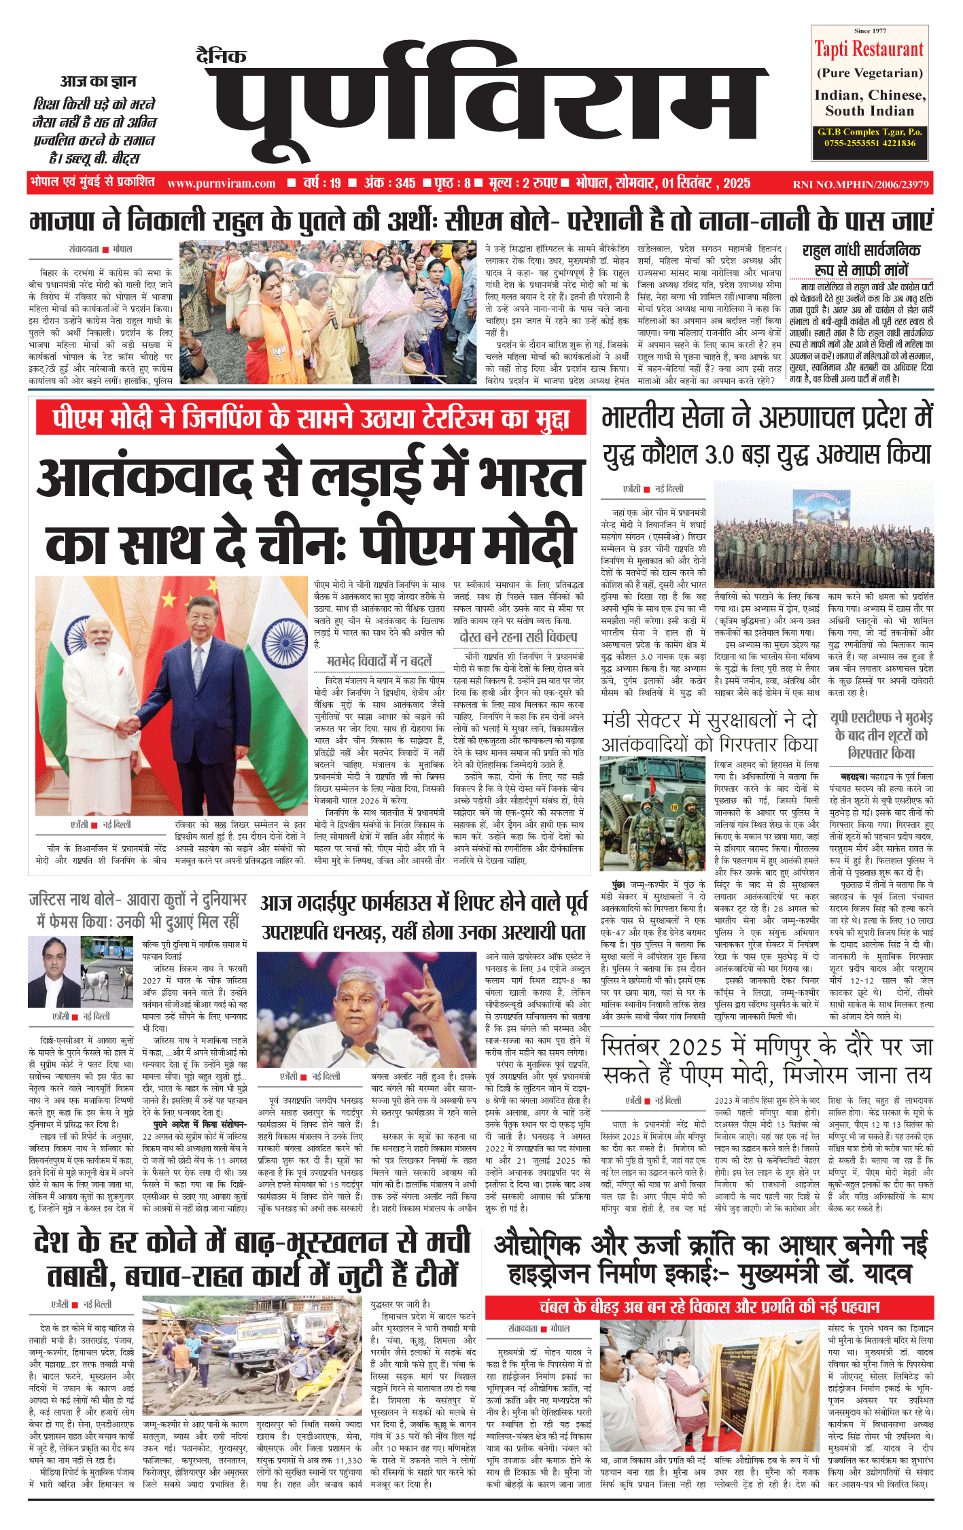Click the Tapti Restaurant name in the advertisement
coord(869,50)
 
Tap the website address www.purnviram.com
coord(221,183)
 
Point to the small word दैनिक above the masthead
coord(221,56)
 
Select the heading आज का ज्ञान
coord(98,82)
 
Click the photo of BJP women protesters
coord(330,313)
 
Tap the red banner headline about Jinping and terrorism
coord(311,419)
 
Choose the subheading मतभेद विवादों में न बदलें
coord(379,661)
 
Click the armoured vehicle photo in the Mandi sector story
coord(654,814)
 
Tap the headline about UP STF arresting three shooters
coord(881,735)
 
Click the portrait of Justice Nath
coord(54,972)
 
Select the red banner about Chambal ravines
coord(709,1306)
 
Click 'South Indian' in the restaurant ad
coord(869,111)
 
